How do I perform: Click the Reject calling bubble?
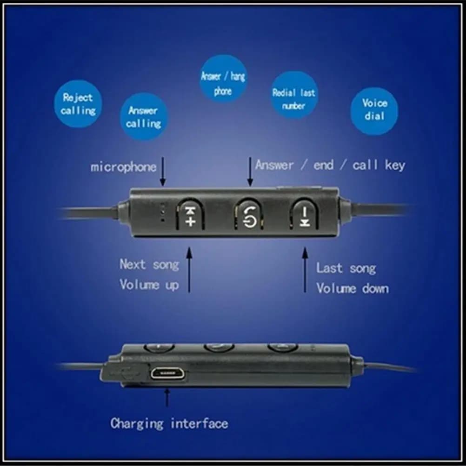pos(78,104)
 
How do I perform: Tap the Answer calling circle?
pos(144,116)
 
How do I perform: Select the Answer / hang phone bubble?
pos(223,79)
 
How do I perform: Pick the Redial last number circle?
pos(294,95)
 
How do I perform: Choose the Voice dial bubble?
pos(374,111)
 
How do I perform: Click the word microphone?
pos(123,167)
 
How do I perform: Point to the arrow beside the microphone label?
pos(163,172)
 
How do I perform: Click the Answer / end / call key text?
pos(330,165)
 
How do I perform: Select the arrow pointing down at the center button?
pos(250,172)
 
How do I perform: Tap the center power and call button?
pos(249,214)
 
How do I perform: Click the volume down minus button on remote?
pos(304,214)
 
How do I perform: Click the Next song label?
pos(149,265)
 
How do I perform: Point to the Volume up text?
pos(149,285)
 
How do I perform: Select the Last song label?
pos(346,268)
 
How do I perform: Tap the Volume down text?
pos(353,288)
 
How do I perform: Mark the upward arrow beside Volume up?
pos(189,270)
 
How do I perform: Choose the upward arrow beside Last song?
pos(305,270)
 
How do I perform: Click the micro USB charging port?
pos(167,373)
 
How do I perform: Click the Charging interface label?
pos(169,423)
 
